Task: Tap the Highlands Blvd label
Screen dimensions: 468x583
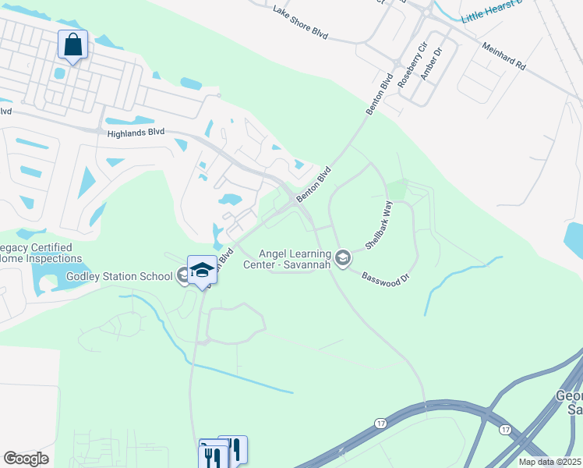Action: pyautogui.click(x=136, y=133)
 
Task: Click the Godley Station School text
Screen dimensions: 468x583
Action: pyautogui.click(x=120, y=275)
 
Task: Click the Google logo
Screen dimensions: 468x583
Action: pyautogui.click(x=25, y=459)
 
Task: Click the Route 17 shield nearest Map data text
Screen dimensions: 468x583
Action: pyautogui.click(x=505, y=430)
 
